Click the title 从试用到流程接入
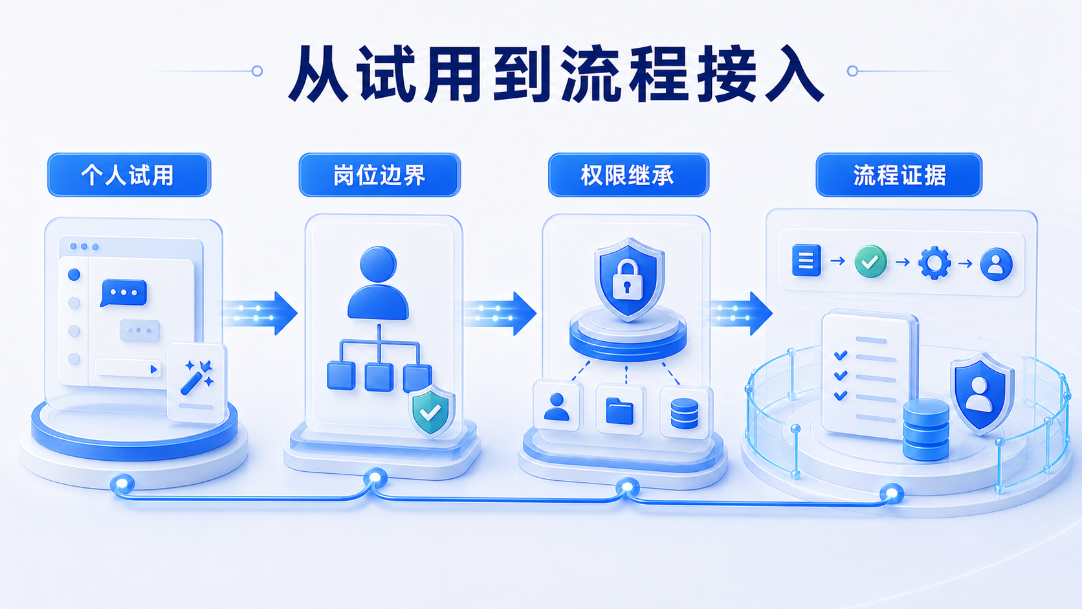[x=555, y=73]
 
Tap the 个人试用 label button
[x=129, y=175]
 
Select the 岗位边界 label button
[x=380, y=175]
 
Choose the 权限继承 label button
[x=628, y=175]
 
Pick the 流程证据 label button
[x=899, y=175]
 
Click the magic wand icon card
[x=197, y=382]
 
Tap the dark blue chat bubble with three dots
[x=124, y=293]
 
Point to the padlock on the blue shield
[x=628, y=279]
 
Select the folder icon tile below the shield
[x=620, y=410]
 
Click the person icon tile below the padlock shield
[x=557, y=407]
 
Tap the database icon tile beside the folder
[x=685, y=413]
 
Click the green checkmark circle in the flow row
[x=870, y=261]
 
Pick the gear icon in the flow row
[x=934, y=262]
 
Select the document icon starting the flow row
[x=806, y=260]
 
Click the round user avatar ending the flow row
[x=996, y=263]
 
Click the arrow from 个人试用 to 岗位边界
[x=260, y=313]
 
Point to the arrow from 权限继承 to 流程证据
[x=742, y=313]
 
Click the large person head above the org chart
[x=378, y=264]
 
